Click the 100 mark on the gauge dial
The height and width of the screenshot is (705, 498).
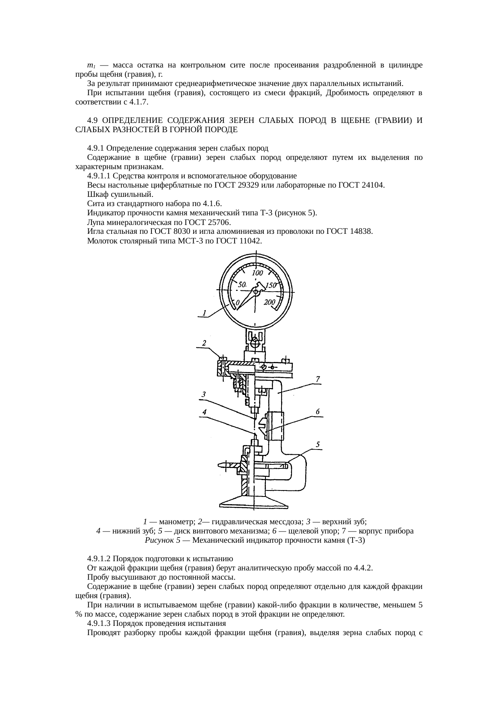(x=257, y=273)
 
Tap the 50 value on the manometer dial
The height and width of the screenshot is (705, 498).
(x=242, y=284)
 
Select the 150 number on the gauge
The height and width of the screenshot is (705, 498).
(x=271, y=285)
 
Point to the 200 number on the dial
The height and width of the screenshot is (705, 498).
(x=269, y=302)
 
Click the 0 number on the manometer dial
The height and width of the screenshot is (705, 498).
(x=237, y=302)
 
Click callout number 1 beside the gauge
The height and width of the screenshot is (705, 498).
(x=204, y=313)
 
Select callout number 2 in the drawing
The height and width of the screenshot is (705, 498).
(x=204, y=343)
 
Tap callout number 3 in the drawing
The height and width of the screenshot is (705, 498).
(x=204, y=394)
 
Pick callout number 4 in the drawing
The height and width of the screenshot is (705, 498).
(x=204, y=412)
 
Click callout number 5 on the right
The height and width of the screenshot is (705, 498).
(x=317, y=444)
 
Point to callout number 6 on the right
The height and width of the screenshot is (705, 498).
(x=317, y=411)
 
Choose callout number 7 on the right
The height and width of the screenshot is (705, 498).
(x=317, y=379)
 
